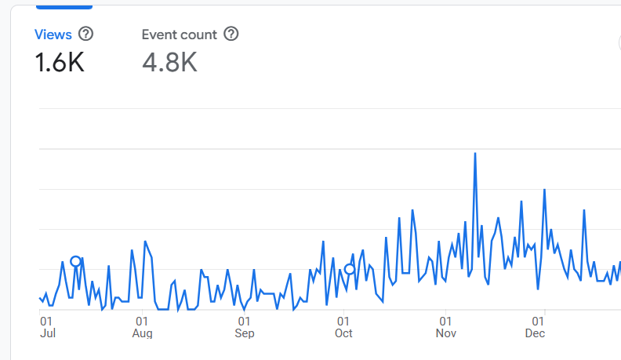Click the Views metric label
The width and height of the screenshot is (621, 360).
53,35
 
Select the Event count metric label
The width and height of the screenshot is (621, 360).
180,35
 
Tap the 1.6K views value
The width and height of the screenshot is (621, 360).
60,62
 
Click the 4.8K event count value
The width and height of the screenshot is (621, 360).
169,62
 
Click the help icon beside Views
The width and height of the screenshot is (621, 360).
86,35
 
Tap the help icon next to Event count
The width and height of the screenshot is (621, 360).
231,35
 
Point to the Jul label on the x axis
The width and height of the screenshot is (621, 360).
48,334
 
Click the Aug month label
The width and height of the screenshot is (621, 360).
142,334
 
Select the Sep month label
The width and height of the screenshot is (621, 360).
245,334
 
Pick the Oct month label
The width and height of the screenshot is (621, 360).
343,334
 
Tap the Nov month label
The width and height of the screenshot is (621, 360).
445,334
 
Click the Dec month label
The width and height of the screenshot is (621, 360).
535,334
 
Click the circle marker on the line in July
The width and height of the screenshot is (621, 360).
76,261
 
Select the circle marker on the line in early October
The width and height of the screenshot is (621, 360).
350,269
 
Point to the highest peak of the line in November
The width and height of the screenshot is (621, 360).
475,154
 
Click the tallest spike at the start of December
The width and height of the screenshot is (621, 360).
544,190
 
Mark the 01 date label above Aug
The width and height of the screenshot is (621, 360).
142,321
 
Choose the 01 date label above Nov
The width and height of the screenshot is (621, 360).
445,321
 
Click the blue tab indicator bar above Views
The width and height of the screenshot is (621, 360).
64,6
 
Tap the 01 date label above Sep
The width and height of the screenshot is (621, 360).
244,321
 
